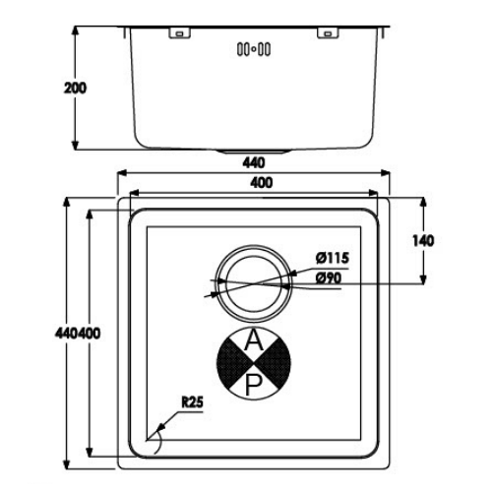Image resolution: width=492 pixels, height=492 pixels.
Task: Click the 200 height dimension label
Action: click(75, 88)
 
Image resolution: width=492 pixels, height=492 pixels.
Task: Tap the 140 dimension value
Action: click(423, 241)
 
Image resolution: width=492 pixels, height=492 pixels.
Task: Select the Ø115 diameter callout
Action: click(333, 258)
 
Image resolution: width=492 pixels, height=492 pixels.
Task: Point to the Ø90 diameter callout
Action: click(329, 278)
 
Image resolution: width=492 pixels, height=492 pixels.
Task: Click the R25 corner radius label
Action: click(193, 402)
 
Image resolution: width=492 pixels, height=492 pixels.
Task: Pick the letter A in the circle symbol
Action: click(254, 340)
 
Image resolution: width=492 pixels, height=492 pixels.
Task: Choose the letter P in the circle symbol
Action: click(253, 385)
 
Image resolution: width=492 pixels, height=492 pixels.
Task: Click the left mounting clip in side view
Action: click(179, 33)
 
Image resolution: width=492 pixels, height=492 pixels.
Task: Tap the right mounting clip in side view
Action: click(328, 33)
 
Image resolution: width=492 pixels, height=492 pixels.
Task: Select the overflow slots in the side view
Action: click(254, 50)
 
